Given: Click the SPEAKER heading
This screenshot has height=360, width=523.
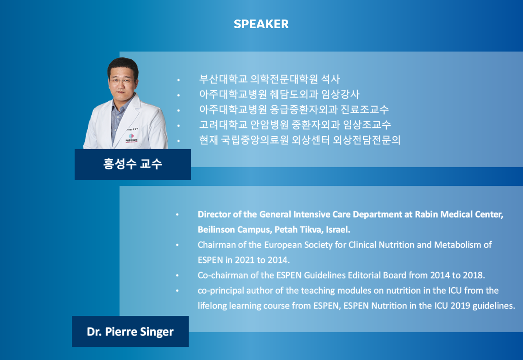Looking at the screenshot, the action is [261, 24].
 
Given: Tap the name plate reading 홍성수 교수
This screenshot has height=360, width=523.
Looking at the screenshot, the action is [133, 164].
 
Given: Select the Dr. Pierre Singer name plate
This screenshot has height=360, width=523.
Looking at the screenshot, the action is [130, 331].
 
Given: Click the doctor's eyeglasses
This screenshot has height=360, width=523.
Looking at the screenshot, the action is [121, 81].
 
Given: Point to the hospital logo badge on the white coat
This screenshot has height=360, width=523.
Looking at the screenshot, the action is [132, 138].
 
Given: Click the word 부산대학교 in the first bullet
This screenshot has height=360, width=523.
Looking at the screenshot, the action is [223, 79].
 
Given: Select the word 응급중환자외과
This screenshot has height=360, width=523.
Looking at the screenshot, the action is [304, 109].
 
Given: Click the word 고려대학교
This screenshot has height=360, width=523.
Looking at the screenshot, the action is [223, 125].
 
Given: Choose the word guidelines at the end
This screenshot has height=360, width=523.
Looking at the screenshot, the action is [494, 306].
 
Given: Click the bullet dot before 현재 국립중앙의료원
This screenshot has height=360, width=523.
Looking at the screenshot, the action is [178, 141].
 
